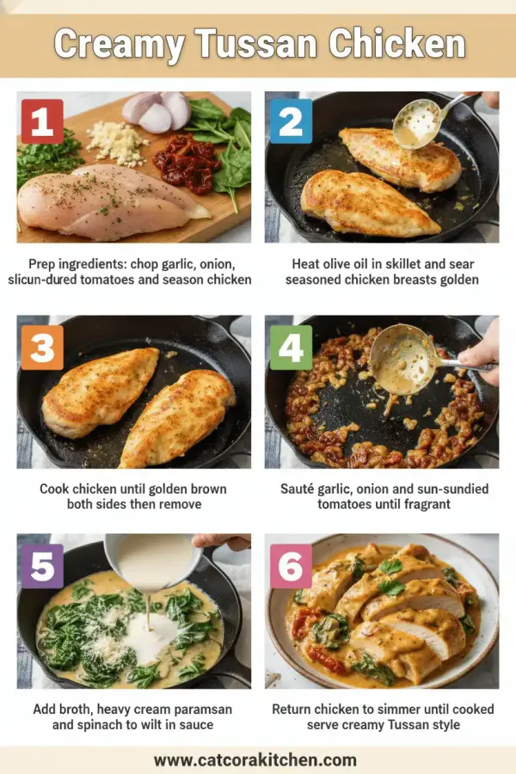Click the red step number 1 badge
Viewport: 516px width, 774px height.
(x=41, y=121)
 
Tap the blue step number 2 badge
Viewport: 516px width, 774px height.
(x=290, y=121)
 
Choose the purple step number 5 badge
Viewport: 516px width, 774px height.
(x=41, y=566)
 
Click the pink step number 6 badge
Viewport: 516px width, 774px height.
(x=290, y=566)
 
